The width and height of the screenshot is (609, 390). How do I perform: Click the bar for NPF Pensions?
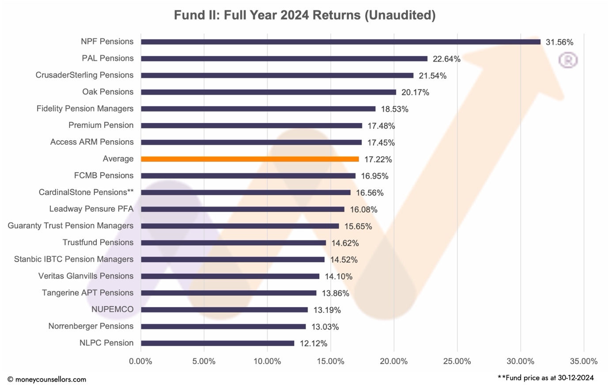tap(340, 42)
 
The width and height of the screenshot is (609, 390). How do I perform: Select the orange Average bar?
tap(250, 159)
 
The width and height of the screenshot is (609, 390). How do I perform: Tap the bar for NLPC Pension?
tap(217, 343)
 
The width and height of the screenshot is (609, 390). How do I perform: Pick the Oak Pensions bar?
tap(268, 92)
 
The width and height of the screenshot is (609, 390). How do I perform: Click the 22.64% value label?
tap(446, 59)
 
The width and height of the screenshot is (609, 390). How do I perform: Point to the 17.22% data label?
tap(378, 160)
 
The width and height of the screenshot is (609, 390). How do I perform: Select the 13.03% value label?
tap(325, 327)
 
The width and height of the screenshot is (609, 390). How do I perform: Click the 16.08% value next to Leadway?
tap(363, 210)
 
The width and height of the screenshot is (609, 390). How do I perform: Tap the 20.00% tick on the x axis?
tap(393, 361)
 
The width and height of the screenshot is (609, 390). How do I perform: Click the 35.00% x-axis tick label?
tap(583, 361)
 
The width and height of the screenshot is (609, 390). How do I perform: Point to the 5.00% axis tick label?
tap(204, 361)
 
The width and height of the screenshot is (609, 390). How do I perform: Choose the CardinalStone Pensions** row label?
tap(86, 192)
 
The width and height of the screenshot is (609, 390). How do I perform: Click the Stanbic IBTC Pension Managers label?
tap(74, 259)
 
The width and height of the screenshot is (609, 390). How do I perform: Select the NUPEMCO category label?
tap(112, 310)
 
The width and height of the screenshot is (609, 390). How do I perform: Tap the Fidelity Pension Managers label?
tap(85, 109)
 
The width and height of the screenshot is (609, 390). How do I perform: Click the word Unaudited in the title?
tap(400, 15)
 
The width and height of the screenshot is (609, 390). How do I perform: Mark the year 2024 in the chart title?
tap(295, 15)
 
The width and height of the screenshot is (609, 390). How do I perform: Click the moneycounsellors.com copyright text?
tap(47, 379)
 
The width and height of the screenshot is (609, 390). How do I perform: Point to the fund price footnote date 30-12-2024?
tap(575, 378)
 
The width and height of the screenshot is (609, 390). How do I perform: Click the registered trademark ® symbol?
tap(568, 60)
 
